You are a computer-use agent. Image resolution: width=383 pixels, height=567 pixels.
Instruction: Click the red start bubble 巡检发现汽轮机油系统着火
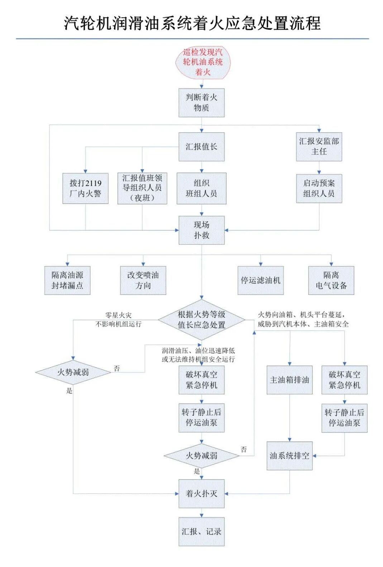pos(203,62)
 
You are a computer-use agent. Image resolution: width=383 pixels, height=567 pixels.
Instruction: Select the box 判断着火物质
pos(201,103)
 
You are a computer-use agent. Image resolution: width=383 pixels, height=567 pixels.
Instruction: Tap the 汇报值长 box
pos(201,147)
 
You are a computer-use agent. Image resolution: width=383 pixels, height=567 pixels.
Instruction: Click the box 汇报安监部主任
pos(319,146)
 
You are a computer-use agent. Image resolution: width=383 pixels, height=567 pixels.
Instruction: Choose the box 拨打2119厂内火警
pos(85,189)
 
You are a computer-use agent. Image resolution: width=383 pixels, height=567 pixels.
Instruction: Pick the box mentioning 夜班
pos(142,188)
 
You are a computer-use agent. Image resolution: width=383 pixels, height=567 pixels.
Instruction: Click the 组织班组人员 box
pos(201,189)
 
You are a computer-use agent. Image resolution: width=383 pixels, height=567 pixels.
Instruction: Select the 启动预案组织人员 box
pos(319,189)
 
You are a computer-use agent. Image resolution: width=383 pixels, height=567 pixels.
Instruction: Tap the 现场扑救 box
pos(201,230)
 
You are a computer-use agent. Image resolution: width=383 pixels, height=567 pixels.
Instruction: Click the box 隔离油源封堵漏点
pos(67,280)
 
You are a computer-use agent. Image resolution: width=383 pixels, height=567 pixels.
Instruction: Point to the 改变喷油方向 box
pos(143,280)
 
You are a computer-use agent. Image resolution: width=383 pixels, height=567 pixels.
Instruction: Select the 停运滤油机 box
pos(260,280)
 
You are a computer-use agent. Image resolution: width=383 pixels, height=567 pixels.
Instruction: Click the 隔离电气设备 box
pos(331,280)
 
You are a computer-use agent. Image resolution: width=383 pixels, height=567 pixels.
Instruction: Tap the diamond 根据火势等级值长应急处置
pos(201,320)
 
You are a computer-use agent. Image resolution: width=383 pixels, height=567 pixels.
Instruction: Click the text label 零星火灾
pos(118,315)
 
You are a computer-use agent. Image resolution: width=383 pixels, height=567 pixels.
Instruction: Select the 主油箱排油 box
pos(289,380)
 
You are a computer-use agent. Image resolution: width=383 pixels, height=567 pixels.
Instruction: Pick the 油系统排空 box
pos(289,456)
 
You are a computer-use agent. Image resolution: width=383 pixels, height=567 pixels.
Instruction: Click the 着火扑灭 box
pos(201,494)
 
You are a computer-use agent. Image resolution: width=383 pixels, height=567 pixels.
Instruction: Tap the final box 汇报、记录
pos(201,532)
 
